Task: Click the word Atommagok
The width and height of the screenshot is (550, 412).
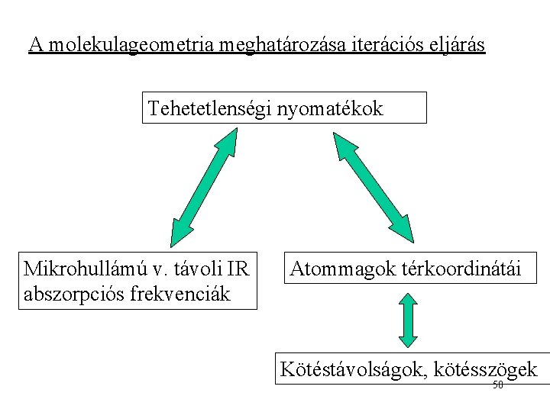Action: [341, 269]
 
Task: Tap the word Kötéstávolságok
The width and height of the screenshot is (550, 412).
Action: [353, 370]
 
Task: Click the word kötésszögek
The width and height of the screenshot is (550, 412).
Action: [485, 370]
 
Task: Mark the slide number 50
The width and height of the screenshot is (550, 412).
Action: [497, 385]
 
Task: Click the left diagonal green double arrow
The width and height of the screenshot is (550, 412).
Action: [204, 186]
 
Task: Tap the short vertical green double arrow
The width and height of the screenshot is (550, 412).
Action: [409, 320]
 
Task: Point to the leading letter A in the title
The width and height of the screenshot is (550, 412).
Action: [35, 46]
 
